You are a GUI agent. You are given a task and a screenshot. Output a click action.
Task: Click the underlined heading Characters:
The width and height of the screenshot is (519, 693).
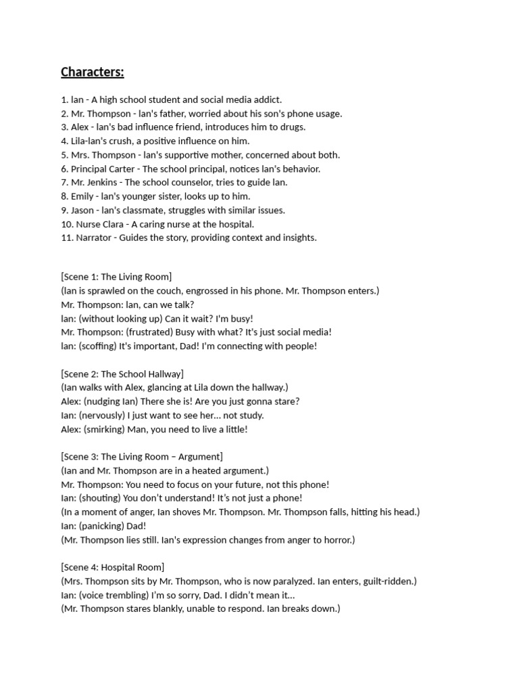[x=93, y=72]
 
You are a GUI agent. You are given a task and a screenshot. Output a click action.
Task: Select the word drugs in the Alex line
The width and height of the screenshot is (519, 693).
[x=292, y=127]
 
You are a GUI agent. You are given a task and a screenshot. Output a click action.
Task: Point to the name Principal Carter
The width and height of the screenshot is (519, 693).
[x=103, y=169]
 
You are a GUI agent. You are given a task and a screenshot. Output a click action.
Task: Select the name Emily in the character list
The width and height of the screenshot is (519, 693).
[x=82, y=196]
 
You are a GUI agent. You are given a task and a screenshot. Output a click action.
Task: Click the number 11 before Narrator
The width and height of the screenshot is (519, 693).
[x=65, y=238]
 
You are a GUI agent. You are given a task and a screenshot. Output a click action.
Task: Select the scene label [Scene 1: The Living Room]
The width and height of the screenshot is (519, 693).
[x=116, y=277]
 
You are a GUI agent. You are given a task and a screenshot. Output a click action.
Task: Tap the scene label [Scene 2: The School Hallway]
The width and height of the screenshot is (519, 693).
[x=122, y=374]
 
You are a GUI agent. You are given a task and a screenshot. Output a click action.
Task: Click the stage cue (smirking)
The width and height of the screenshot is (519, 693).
[x=107, y=429]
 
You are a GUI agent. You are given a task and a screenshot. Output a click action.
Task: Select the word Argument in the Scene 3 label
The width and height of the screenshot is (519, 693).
[x=199, y=457]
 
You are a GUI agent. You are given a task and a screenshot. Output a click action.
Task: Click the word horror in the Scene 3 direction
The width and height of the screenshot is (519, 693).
[x=338, y=540]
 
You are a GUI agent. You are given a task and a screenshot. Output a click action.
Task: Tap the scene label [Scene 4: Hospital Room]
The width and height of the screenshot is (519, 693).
[x=112, y=567]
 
